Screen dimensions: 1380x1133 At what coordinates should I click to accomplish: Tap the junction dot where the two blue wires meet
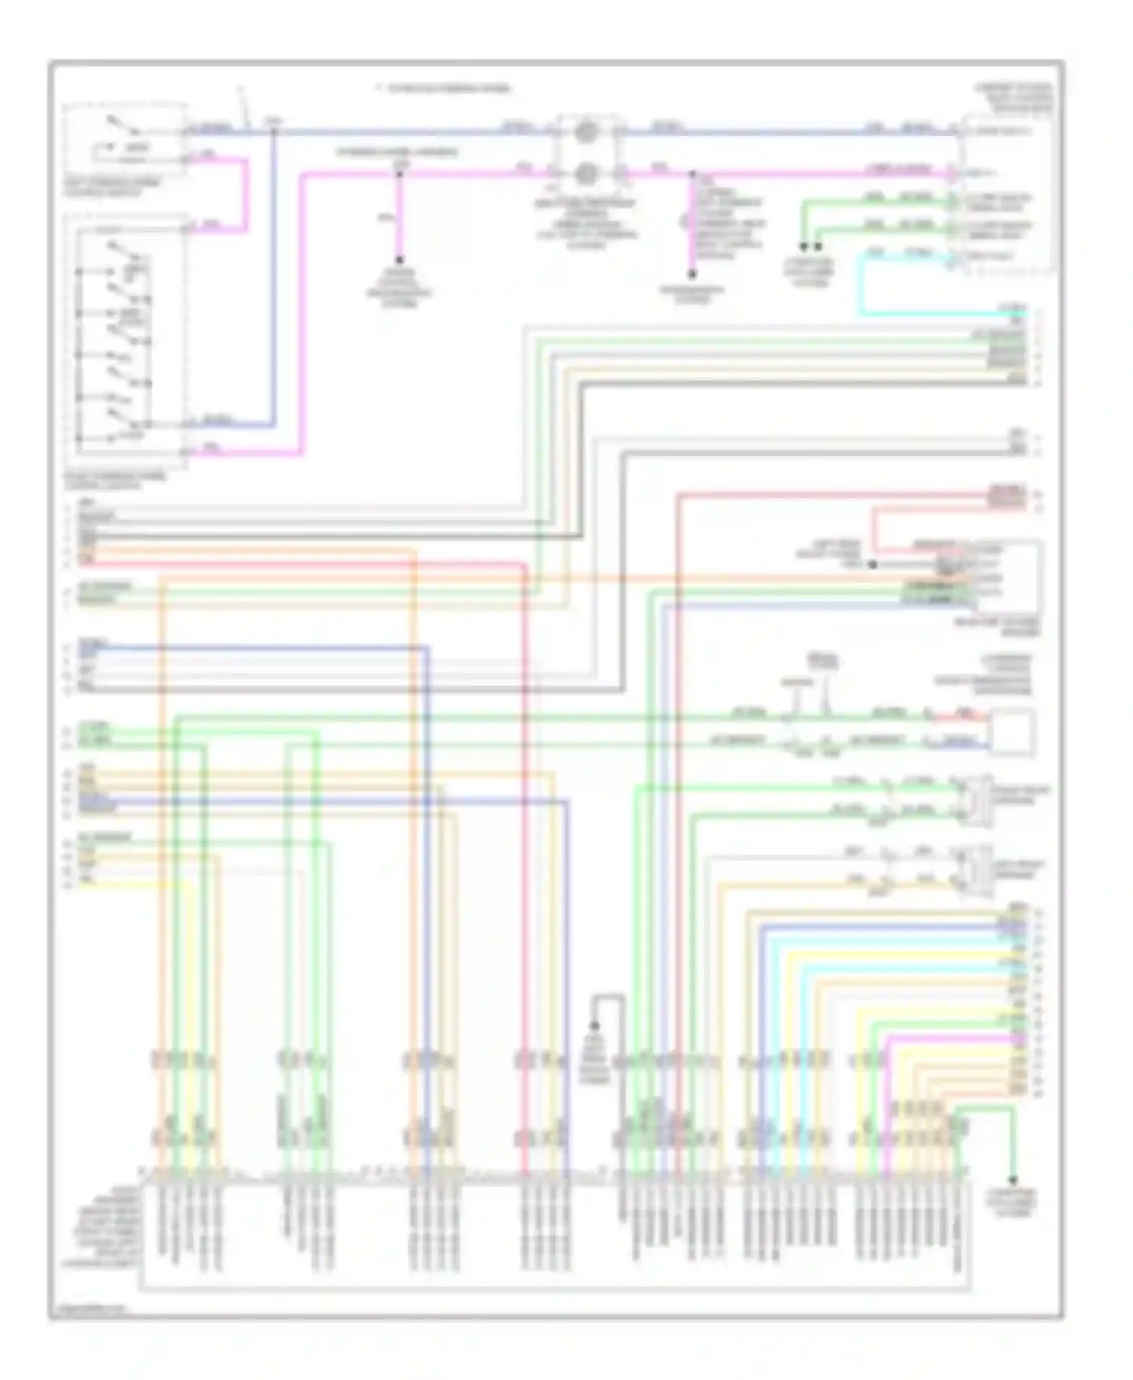pos(274,132)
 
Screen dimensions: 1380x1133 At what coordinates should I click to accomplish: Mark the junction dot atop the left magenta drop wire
pos(399,174)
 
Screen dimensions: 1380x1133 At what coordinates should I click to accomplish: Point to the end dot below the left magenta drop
pos(399,260)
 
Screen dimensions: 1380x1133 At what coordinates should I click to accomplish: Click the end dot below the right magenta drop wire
pos(691,275)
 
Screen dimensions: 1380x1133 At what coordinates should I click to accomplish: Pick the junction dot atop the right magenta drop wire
pos(692,174)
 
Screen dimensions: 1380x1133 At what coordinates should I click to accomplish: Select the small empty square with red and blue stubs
pos(1013,732)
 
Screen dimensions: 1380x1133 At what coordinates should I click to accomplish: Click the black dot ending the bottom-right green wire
pos(1012,1180)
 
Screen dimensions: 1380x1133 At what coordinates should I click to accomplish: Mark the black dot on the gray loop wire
pos(594,1026)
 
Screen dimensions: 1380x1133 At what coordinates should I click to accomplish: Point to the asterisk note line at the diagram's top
pos(444,89)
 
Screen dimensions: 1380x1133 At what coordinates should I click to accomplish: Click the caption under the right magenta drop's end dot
pos(691,295)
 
